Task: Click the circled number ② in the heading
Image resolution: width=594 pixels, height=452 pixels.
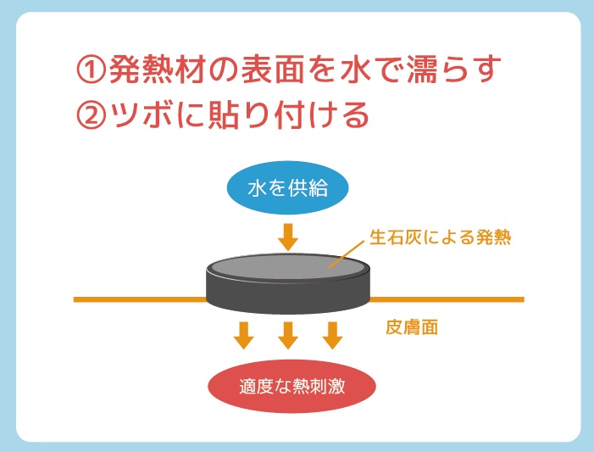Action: pos(91,115)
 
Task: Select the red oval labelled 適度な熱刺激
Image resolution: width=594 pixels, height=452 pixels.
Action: pos(291,388)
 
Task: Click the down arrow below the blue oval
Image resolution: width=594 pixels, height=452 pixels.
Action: pos(288,235)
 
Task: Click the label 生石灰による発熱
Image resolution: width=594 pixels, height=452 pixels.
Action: pos(440,237)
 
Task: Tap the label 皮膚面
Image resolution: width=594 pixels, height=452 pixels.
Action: pos(411,327)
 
